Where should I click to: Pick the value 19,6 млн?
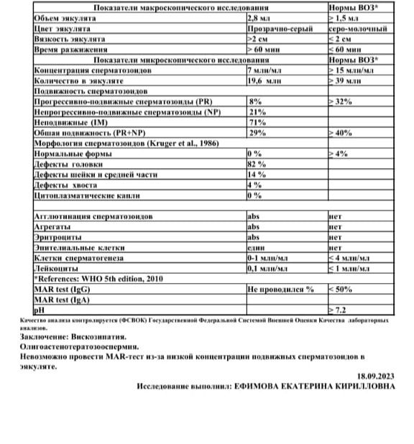click(265, 82)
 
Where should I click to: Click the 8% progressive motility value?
click(253, 102)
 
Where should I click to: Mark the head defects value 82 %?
click(256, 165)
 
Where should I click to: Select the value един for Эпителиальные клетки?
click(257, 246)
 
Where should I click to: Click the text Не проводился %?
click(281, 288)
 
